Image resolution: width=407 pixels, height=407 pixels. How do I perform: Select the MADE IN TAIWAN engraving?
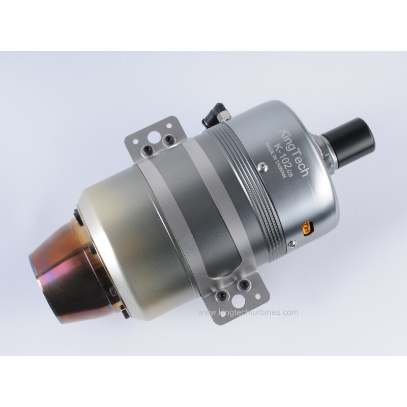click(275, 160)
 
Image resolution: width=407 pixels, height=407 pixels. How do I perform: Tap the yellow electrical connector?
click(308, 229)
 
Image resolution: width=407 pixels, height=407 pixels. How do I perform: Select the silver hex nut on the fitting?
click(223, 117)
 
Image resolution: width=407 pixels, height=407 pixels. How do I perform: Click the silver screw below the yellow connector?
click(293, 243)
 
